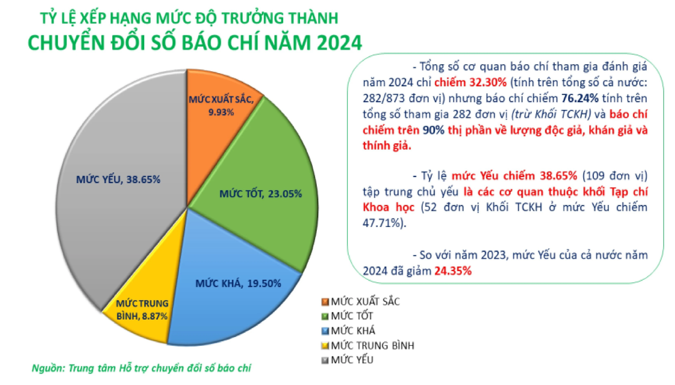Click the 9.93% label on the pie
[x=221, y=112]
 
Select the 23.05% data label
[x=285, y=194]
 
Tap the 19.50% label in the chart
[x=264, y=283]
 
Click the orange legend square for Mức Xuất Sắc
[x=325, y=302]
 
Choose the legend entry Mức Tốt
[x=352, y=316]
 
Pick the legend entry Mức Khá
[x=353, y=331]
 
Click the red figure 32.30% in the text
[x=488, y=82]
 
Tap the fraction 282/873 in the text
[x=383, y=98]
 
